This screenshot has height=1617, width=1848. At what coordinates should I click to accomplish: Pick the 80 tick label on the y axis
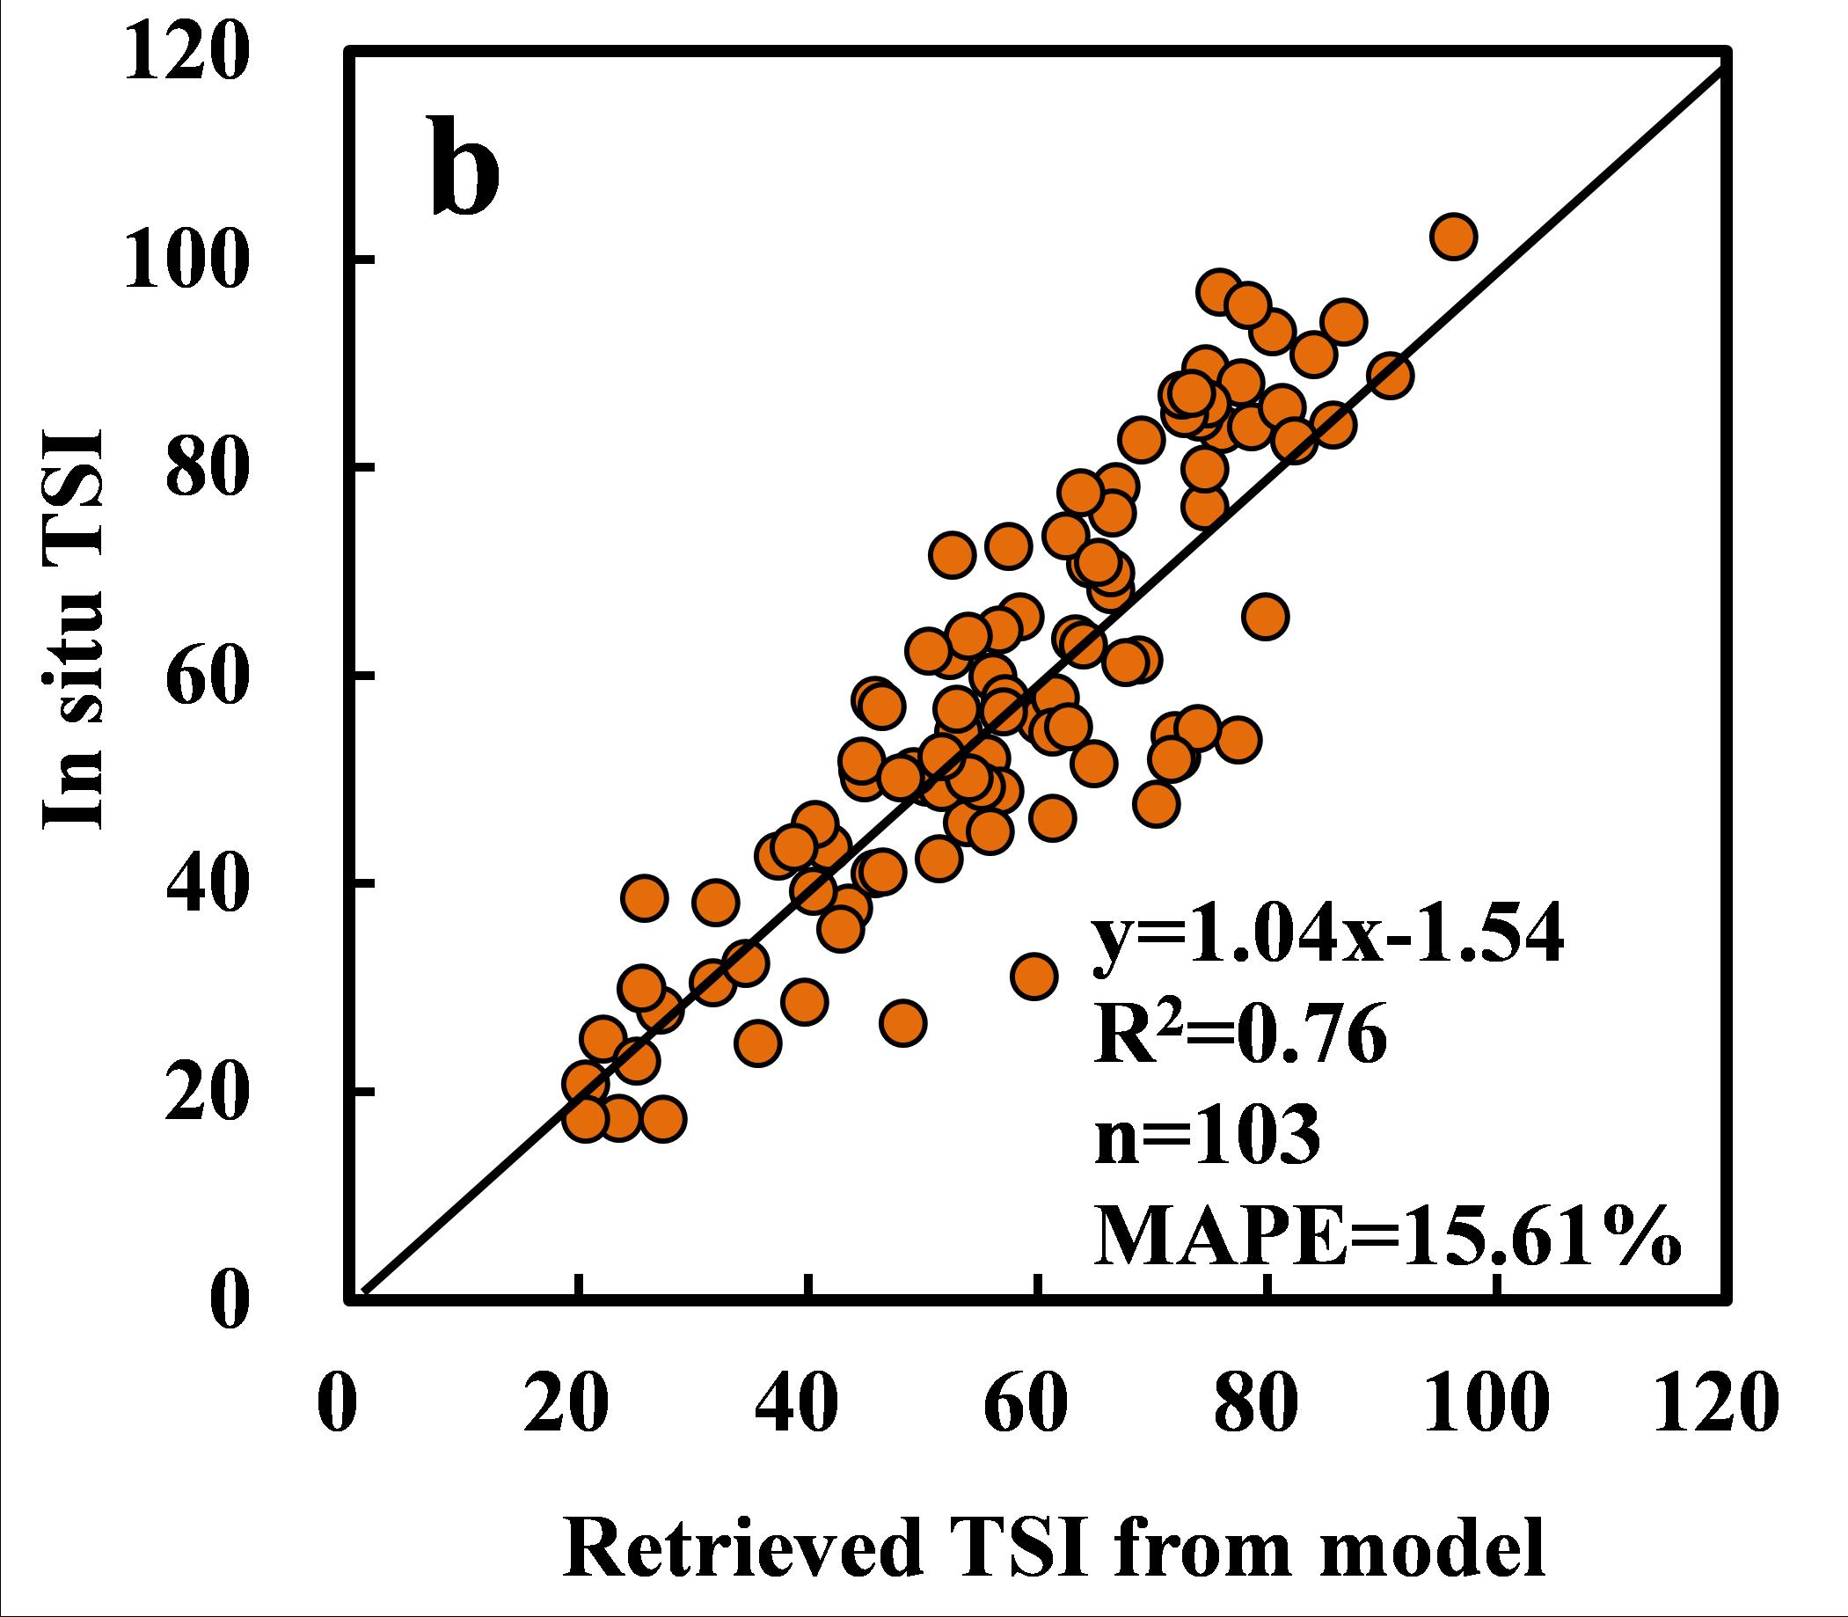coord(204,468)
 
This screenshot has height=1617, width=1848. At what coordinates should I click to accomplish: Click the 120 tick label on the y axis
coord(184,54)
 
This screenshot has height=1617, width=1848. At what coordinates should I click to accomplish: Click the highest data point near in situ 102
coord(1454,237)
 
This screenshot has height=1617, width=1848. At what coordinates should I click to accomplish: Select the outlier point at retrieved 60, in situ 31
coord(1034,976)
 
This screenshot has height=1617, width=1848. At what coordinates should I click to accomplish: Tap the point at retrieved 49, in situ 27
coord(903,1022)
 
